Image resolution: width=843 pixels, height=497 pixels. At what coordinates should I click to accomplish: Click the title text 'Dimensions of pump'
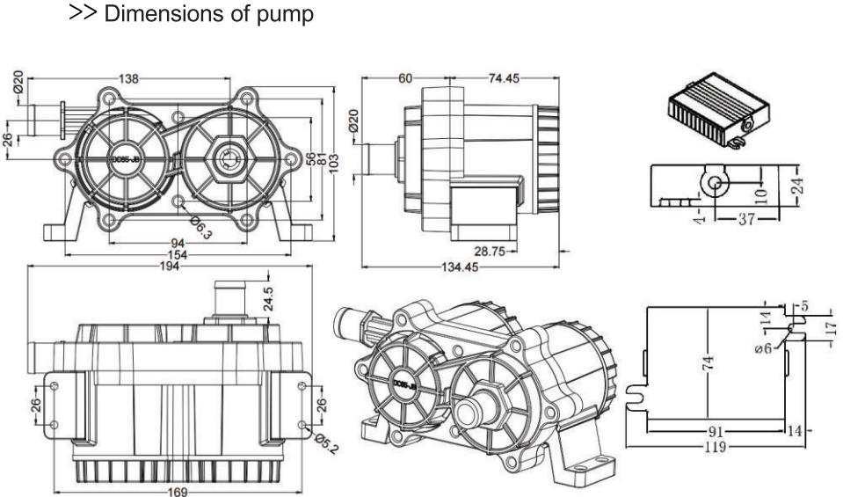208,15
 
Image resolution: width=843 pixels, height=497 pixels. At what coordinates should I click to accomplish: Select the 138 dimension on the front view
128,78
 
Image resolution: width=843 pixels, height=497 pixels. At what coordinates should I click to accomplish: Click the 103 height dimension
333,162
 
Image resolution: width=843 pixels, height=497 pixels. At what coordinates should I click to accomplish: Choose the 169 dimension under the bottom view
178,492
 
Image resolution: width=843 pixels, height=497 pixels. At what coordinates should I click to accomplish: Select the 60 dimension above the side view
404,78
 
